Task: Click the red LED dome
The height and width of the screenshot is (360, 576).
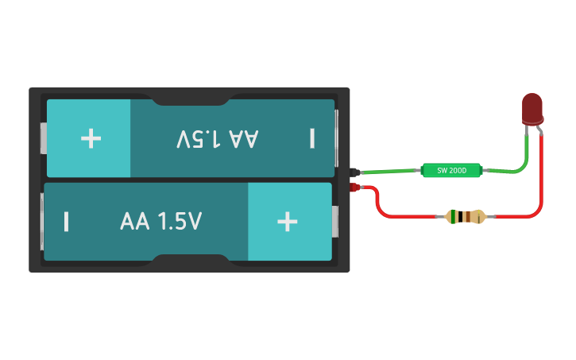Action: pyautogui.click(x=532, y=106)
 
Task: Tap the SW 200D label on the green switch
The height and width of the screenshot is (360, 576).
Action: pyautogui.click(x=451, y=170)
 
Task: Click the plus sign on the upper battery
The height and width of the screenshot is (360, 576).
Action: pyautogui.click(x=91, y=138)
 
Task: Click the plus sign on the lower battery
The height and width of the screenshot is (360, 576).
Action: pyautogui.click(x=287, y=222)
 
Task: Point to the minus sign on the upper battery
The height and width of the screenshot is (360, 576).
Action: pyautogui.click(x=312, y=139)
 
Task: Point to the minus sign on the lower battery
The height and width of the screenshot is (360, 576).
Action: pyautogui.click(x=66, y=222)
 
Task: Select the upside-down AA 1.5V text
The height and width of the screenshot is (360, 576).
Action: pyautogui.click(x=218, y=139)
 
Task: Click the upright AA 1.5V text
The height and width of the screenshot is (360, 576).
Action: pyautogui.click(x=161, y=222)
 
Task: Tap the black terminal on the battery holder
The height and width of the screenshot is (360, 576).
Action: pyautogui.click(x=355, y=171)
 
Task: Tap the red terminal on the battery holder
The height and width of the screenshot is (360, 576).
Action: pyautogui.click(x=355, y=188)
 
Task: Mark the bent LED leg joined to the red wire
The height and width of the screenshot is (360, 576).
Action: pyautogui.click(x=540, y=130)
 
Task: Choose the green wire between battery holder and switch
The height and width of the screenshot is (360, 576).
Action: pyautogui.click(x=389, y=171)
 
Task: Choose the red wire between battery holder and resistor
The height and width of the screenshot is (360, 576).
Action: pyautogui.click(x=397, y=215)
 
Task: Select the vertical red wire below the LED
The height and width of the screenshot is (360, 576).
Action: pyautogui.click(x=543, y=171)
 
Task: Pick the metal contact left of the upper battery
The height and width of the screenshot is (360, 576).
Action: pyautogui.click(x=43, y=138)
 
